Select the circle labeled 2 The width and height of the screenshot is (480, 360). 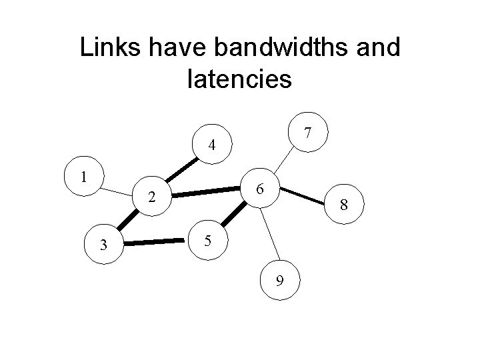tap(153, 197)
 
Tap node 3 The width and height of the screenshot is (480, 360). tap(103, 245)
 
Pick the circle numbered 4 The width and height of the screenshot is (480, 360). tap(211, 145)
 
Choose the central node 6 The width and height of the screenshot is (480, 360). tap(263, 189)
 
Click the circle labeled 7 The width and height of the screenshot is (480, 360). tap(306, 133)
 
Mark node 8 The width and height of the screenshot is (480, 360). tap(343, 207)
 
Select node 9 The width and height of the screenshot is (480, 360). tap(281, 281)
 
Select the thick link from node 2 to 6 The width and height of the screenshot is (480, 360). tap(208, 193)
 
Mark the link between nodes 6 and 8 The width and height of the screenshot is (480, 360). tap(304, 197)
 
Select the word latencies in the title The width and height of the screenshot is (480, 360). tap(240, 79)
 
